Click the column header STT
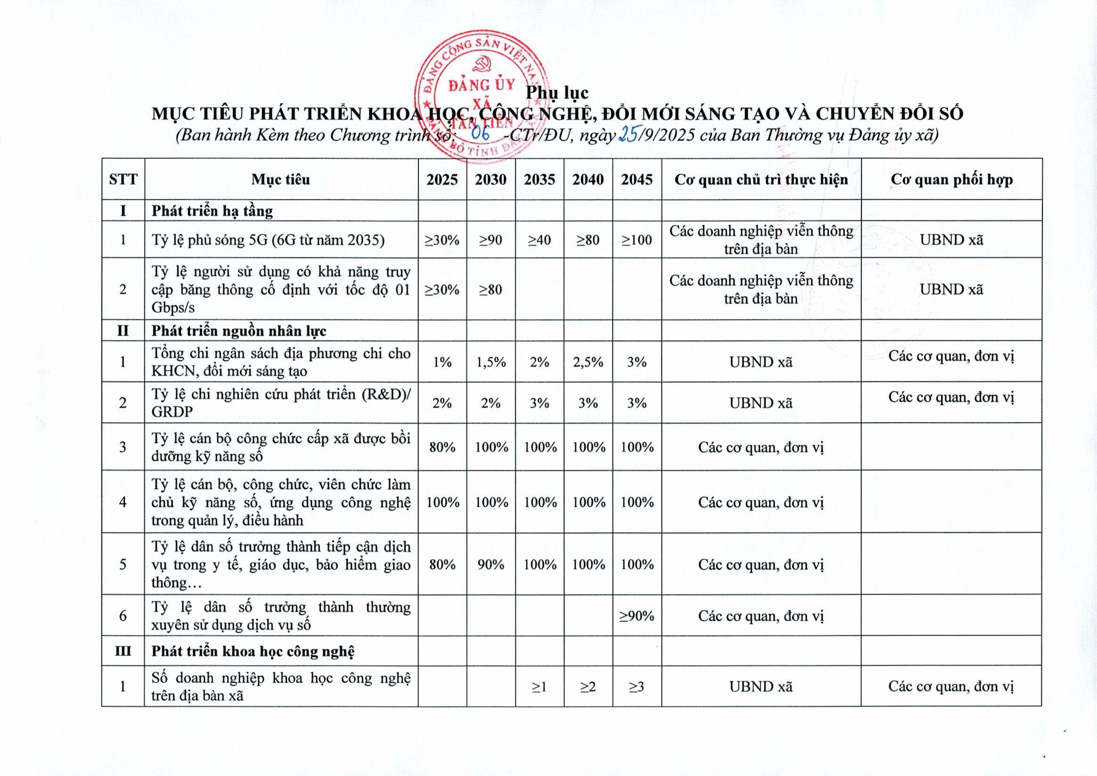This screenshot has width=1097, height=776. click(123, 180)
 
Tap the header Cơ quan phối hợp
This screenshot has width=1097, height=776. click(951, 180)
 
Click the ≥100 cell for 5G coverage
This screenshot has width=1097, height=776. click(637, 240)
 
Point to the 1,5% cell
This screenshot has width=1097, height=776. click(491, 362)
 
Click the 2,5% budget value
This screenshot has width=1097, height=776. click(588, 362)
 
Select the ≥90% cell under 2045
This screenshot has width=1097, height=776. click(637, 616)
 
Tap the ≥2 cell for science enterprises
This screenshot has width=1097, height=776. click(588, 686)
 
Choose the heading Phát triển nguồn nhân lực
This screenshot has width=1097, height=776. click(239, 331)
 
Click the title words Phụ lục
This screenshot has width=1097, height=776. click(557, 93)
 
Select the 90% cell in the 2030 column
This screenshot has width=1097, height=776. click(491, 565)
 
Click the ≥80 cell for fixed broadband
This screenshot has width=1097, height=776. click(491, 290)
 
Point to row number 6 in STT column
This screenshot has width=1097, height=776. click(123, 616)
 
